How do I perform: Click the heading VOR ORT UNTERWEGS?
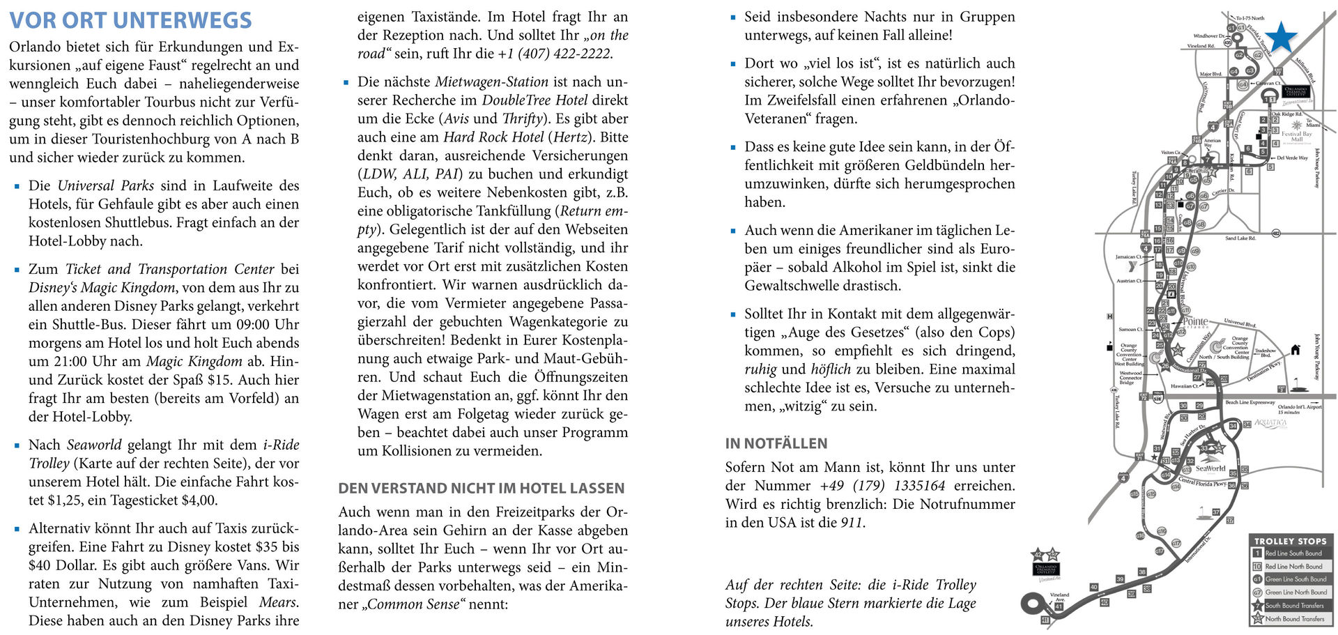130,20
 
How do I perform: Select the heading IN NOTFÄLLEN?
776,443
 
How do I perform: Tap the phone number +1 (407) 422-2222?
555,54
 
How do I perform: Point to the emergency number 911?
851,523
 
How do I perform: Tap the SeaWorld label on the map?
1210,468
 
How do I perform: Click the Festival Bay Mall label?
1296,136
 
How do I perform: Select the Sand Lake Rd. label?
1240,238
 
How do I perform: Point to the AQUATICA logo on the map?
1270,423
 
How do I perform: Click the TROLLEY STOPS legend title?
1290,541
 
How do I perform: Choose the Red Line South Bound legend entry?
1293,553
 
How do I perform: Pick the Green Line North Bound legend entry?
1295,592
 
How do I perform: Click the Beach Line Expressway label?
1249,403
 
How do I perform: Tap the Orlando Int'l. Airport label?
1299,407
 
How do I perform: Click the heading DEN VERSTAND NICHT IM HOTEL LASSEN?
481,489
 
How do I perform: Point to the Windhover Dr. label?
1208,36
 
